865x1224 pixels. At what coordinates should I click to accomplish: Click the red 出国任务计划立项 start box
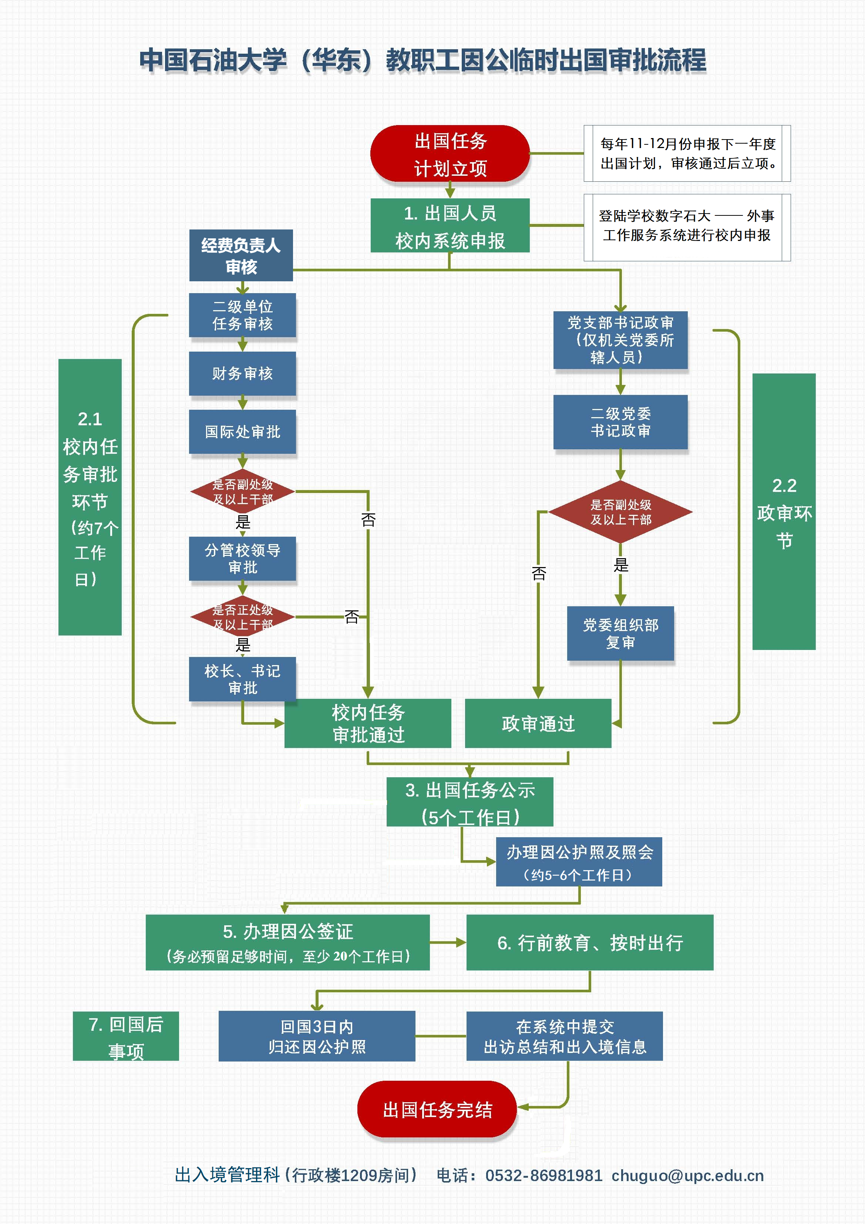pos(450,154)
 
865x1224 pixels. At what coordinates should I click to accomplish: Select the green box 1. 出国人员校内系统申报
pos(450,225)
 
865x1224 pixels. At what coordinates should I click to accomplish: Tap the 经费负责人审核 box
pos(241,255)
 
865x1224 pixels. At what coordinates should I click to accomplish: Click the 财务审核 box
pos(242,373)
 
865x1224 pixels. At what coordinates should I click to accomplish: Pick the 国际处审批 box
pos(242,431)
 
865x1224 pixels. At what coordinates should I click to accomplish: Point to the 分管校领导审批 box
pos(242,558)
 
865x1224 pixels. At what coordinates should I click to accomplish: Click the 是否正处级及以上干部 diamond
pos(242,617)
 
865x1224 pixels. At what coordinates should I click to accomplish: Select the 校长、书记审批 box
pos(242,679)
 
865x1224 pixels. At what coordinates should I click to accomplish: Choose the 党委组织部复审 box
pos(620,633)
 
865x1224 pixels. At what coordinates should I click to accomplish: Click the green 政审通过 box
pos(538,724)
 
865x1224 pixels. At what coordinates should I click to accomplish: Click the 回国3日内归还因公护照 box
pos(317,1036)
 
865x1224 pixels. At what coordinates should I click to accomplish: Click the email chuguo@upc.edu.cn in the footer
pos(687,1176)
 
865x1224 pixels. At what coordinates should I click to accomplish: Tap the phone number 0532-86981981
pos(543,1176)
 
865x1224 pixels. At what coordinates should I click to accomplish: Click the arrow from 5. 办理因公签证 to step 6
pos(448,943)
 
